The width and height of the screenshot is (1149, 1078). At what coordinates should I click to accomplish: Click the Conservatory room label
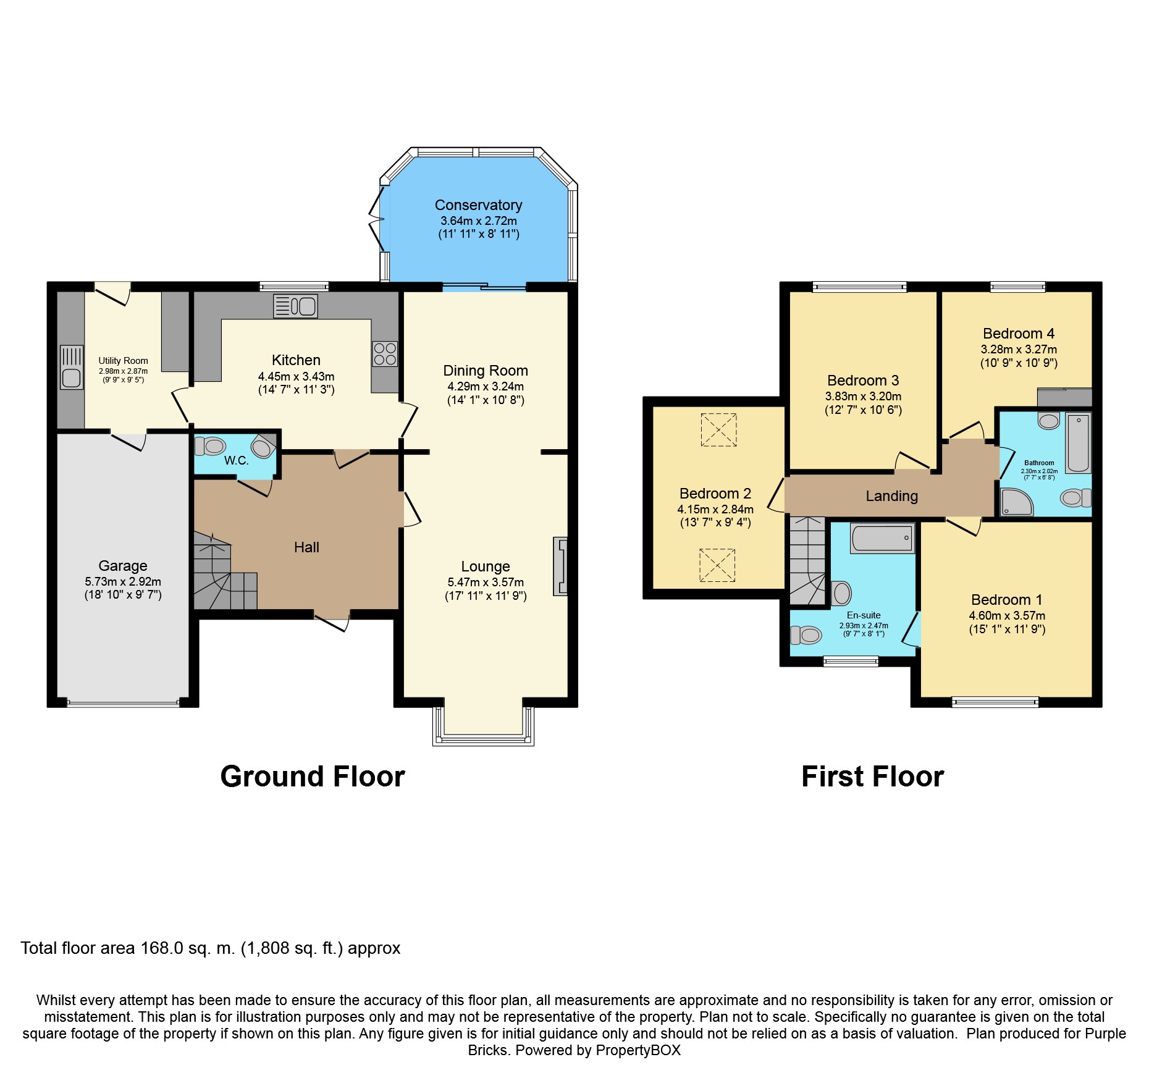[478, 205]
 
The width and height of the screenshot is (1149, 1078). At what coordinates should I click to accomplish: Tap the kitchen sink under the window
[295, 306]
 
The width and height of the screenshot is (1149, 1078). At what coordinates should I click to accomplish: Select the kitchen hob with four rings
[385, 354]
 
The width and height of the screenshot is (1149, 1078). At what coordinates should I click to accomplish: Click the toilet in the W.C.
[210, 445]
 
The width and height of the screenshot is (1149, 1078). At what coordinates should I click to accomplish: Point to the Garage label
[123, 566]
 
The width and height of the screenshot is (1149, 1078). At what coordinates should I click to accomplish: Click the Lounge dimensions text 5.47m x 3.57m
[486, 582]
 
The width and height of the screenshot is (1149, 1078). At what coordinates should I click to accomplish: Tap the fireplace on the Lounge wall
[560, 566]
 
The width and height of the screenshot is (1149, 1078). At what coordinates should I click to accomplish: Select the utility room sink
[72, 367]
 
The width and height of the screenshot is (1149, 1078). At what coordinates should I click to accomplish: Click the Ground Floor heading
[313, 777]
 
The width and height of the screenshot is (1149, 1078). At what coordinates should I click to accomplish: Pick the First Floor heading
[872, 777]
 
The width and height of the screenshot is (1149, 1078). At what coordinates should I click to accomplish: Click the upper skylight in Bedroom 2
[718, 429]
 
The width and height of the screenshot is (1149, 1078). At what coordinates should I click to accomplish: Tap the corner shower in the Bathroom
[1016, 502]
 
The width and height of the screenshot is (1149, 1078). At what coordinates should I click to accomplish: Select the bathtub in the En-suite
[882, 538]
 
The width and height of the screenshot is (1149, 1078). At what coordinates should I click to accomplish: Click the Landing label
[891, 496]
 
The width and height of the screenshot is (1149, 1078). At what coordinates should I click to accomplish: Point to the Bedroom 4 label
[1019, 334]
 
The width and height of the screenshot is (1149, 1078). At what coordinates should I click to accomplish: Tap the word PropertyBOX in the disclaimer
[638, 1050]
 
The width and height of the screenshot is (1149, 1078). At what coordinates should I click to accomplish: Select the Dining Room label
[486, 371]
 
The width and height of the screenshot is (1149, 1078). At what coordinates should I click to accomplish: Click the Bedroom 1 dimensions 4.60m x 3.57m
[1007, 615]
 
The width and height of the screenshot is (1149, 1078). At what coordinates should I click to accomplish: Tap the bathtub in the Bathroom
[1079, 443]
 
